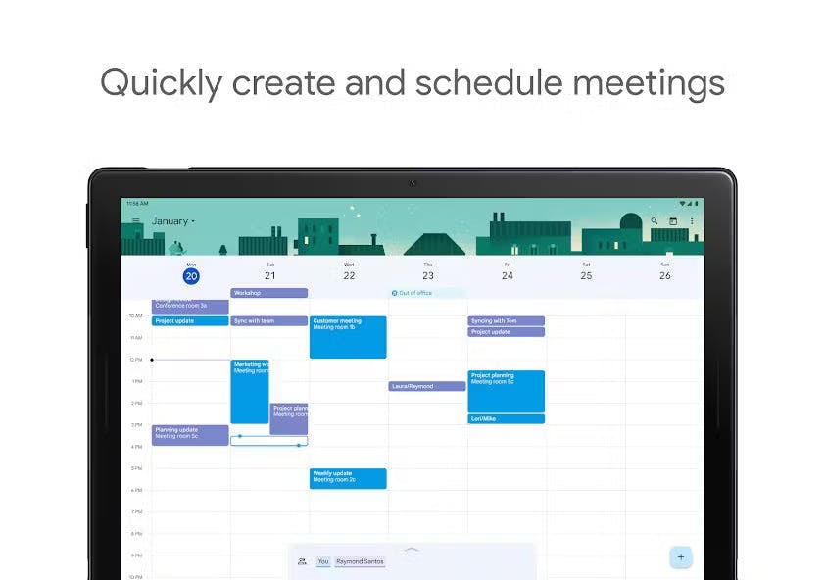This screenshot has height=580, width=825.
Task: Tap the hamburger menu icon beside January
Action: pos(137,221)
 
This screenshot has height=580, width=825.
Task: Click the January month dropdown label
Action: pos(172,221)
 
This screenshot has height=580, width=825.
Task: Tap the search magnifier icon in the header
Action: pos(655,221)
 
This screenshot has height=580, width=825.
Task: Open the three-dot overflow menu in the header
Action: pos(692,221)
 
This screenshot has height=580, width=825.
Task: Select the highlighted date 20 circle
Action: pos(191,276)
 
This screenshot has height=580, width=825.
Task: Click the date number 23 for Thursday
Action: pos(428,276)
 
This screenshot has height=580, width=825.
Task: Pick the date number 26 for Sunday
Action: pos(664,276)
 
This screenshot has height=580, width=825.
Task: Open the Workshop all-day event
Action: pos(268,293)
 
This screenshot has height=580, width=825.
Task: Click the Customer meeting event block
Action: pos(348,336)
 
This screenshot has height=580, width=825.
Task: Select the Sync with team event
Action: pos(268,321)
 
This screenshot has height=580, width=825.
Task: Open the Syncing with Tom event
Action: pos(506,321)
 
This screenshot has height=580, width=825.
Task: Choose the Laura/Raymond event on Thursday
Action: pos(426,386)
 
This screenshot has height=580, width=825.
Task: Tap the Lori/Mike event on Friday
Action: pos(506,418)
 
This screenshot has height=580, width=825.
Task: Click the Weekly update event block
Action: pos(348,478)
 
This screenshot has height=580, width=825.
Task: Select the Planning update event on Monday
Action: pos(190,434)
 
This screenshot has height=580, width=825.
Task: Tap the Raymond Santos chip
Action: pos(359,562)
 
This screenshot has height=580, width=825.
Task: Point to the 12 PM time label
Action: pos(135,361)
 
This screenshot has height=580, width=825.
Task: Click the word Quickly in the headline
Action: pos(162,82)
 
